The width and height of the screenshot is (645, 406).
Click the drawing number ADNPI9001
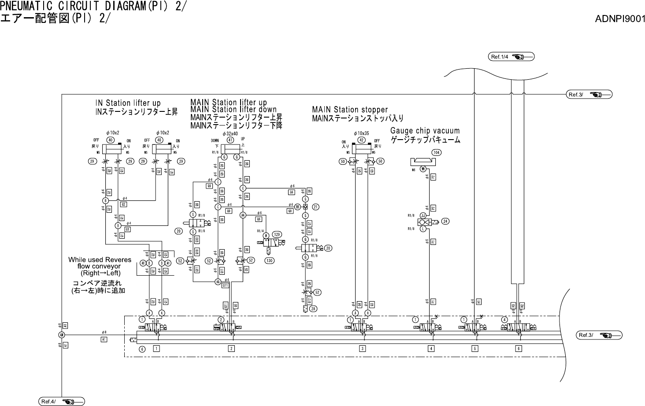(x=620, y=19)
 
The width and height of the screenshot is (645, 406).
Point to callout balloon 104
(x=436, y=152)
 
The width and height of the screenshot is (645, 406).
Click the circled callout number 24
(x=445, y=221)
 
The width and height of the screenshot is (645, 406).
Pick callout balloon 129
(x=277, y=234)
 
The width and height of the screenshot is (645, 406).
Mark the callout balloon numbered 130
(x=269, y=261)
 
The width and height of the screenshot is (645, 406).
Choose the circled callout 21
(x=316, y=207)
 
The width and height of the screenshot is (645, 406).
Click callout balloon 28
(x=313, y=309)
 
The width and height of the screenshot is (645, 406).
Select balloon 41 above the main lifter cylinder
(x=230, y=140)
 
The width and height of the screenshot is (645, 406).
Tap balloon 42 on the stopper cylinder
(x=361, y=140)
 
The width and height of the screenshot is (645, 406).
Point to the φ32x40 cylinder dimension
(x=230, y=133)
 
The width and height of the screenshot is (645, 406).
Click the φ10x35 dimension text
(x=362, y=133)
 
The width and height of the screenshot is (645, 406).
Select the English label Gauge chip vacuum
(x=425, y=131)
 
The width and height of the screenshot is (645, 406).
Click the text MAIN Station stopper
(x=350, y=110)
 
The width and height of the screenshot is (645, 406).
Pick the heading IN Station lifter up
(x=128, y=103)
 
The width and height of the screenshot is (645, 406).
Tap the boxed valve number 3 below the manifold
(x=362, y=349)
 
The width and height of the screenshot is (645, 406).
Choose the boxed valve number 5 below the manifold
(x=474, y=349)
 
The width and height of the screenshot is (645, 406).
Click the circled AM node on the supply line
(x=62, y=335)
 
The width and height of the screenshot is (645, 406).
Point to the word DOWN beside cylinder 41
(x=215, y=140)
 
